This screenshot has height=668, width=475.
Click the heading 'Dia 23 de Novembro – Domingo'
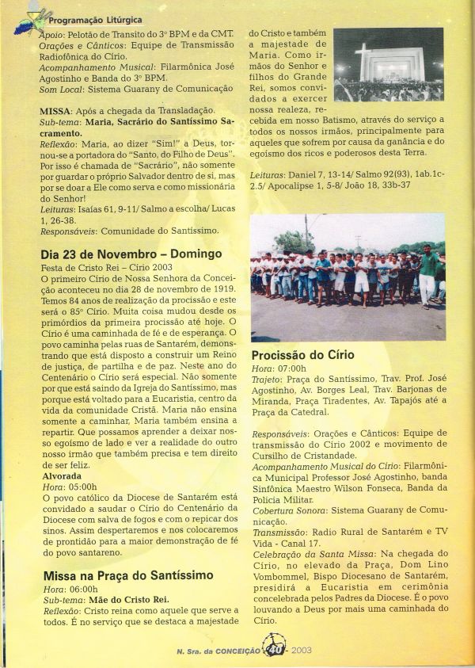coord(131,254)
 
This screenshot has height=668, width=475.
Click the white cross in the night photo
coord(363,61)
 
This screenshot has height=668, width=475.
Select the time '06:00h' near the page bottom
coord(82,590)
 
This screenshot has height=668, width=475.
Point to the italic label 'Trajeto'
coord(269,380)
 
